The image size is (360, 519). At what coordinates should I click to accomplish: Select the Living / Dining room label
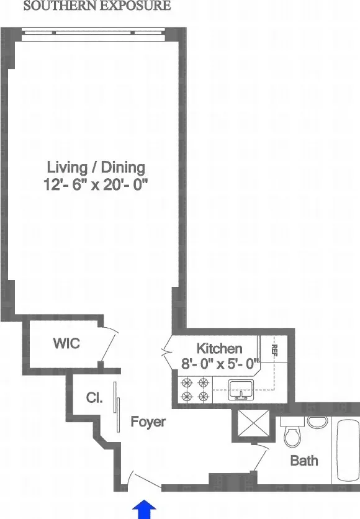[x=96, y=167]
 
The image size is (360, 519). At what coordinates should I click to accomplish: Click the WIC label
[x=66, y=343]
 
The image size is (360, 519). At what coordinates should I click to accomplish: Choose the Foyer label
[x=148, y=422]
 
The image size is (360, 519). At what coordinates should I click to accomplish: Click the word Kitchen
[x=219, y=348]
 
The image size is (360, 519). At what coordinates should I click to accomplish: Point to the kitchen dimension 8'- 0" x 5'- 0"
[x=219, y=364]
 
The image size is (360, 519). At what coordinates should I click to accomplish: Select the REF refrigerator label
[x=273, y=351]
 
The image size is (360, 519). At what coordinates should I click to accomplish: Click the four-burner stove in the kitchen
[x=194, y=389]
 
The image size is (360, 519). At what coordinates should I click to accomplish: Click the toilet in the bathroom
[x=291, y=432]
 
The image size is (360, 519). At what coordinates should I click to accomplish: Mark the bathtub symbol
[x=348, y=450]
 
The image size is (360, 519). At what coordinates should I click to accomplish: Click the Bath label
[x=304, y=461]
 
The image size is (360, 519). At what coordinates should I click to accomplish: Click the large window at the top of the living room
[x=93, y=35]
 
